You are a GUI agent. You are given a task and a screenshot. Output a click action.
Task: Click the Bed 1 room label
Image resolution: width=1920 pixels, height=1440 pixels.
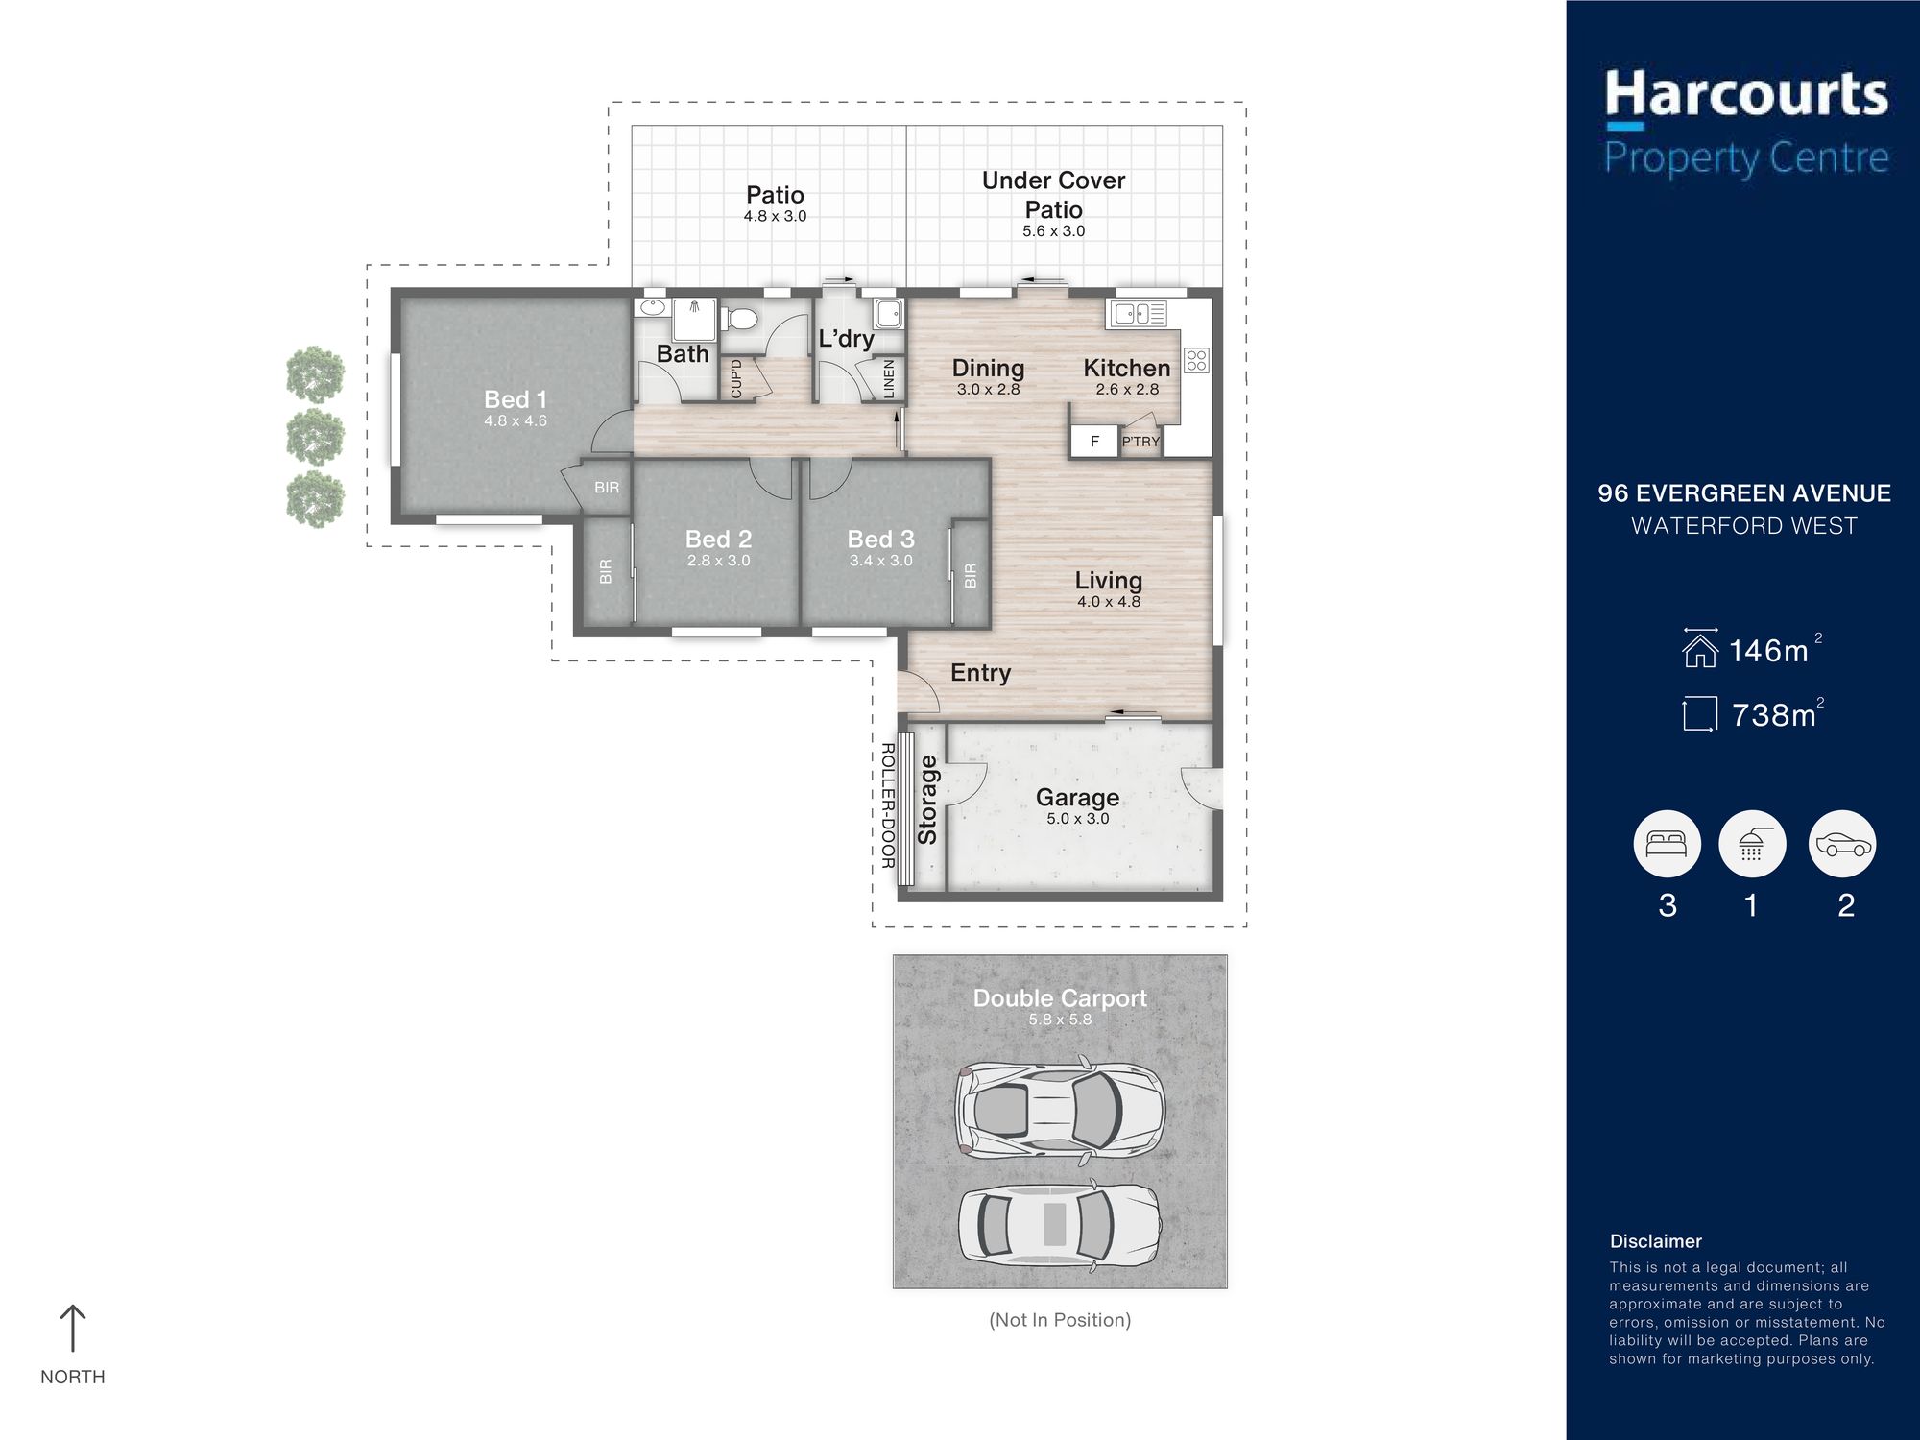[516, 399]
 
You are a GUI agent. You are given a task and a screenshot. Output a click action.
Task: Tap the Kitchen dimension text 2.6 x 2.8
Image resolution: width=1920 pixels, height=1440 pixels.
[1127, 390]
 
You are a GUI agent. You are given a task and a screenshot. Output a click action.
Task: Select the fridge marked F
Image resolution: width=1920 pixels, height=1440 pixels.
[1094, 442]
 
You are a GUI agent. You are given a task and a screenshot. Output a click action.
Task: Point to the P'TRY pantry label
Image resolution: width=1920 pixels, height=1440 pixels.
[1140, 442]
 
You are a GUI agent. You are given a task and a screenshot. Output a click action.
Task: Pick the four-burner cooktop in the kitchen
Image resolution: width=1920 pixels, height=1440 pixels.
[1196, 360]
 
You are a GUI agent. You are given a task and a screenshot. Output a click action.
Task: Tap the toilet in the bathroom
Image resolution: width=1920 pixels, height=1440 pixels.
[740, 318]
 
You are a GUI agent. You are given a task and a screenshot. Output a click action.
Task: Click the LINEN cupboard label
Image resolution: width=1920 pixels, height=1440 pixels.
[889, 379]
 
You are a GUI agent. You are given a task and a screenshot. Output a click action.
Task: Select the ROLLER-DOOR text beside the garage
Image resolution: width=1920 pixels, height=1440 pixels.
[888, 805]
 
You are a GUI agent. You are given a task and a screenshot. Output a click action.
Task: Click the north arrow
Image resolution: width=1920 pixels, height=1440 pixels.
[73, 1328]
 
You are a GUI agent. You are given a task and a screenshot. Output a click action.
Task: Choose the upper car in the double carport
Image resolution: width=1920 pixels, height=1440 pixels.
[1060, 1108]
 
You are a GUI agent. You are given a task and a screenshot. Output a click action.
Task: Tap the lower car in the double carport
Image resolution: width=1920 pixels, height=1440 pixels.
[1060, 1225]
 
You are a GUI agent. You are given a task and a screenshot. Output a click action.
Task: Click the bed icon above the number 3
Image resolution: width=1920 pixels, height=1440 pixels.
[1667, 844]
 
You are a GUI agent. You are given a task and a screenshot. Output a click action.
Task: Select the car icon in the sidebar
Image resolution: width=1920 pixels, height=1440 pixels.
[1841, 844]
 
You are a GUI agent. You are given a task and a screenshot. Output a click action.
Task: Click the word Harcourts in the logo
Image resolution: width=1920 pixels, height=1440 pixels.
[1746, 94]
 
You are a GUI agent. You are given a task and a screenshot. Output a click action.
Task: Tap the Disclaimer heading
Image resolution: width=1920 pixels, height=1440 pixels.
[1656, 1241]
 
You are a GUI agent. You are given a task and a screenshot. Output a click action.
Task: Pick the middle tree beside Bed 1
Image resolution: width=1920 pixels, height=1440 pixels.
[315, 437]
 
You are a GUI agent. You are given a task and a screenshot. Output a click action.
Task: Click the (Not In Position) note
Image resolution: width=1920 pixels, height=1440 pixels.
[1060, 1320]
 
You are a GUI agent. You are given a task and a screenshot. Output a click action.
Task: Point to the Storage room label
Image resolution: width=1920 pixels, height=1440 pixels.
[927, 800]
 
